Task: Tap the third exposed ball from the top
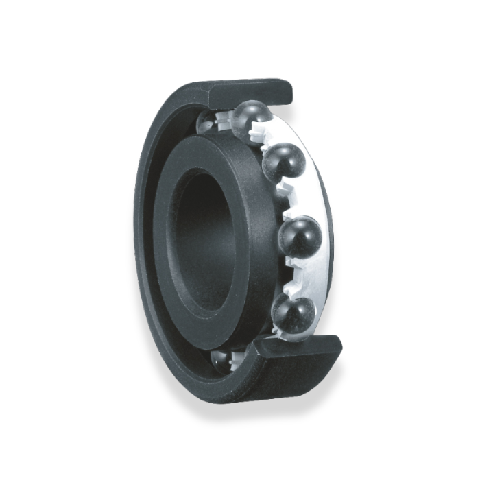[x=299, y=237]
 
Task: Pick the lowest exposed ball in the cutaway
[x=293, y=314]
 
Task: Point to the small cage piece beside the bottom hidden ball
[x=237, y=358]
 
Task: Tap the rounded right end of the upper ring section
[x=288, y=90]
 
